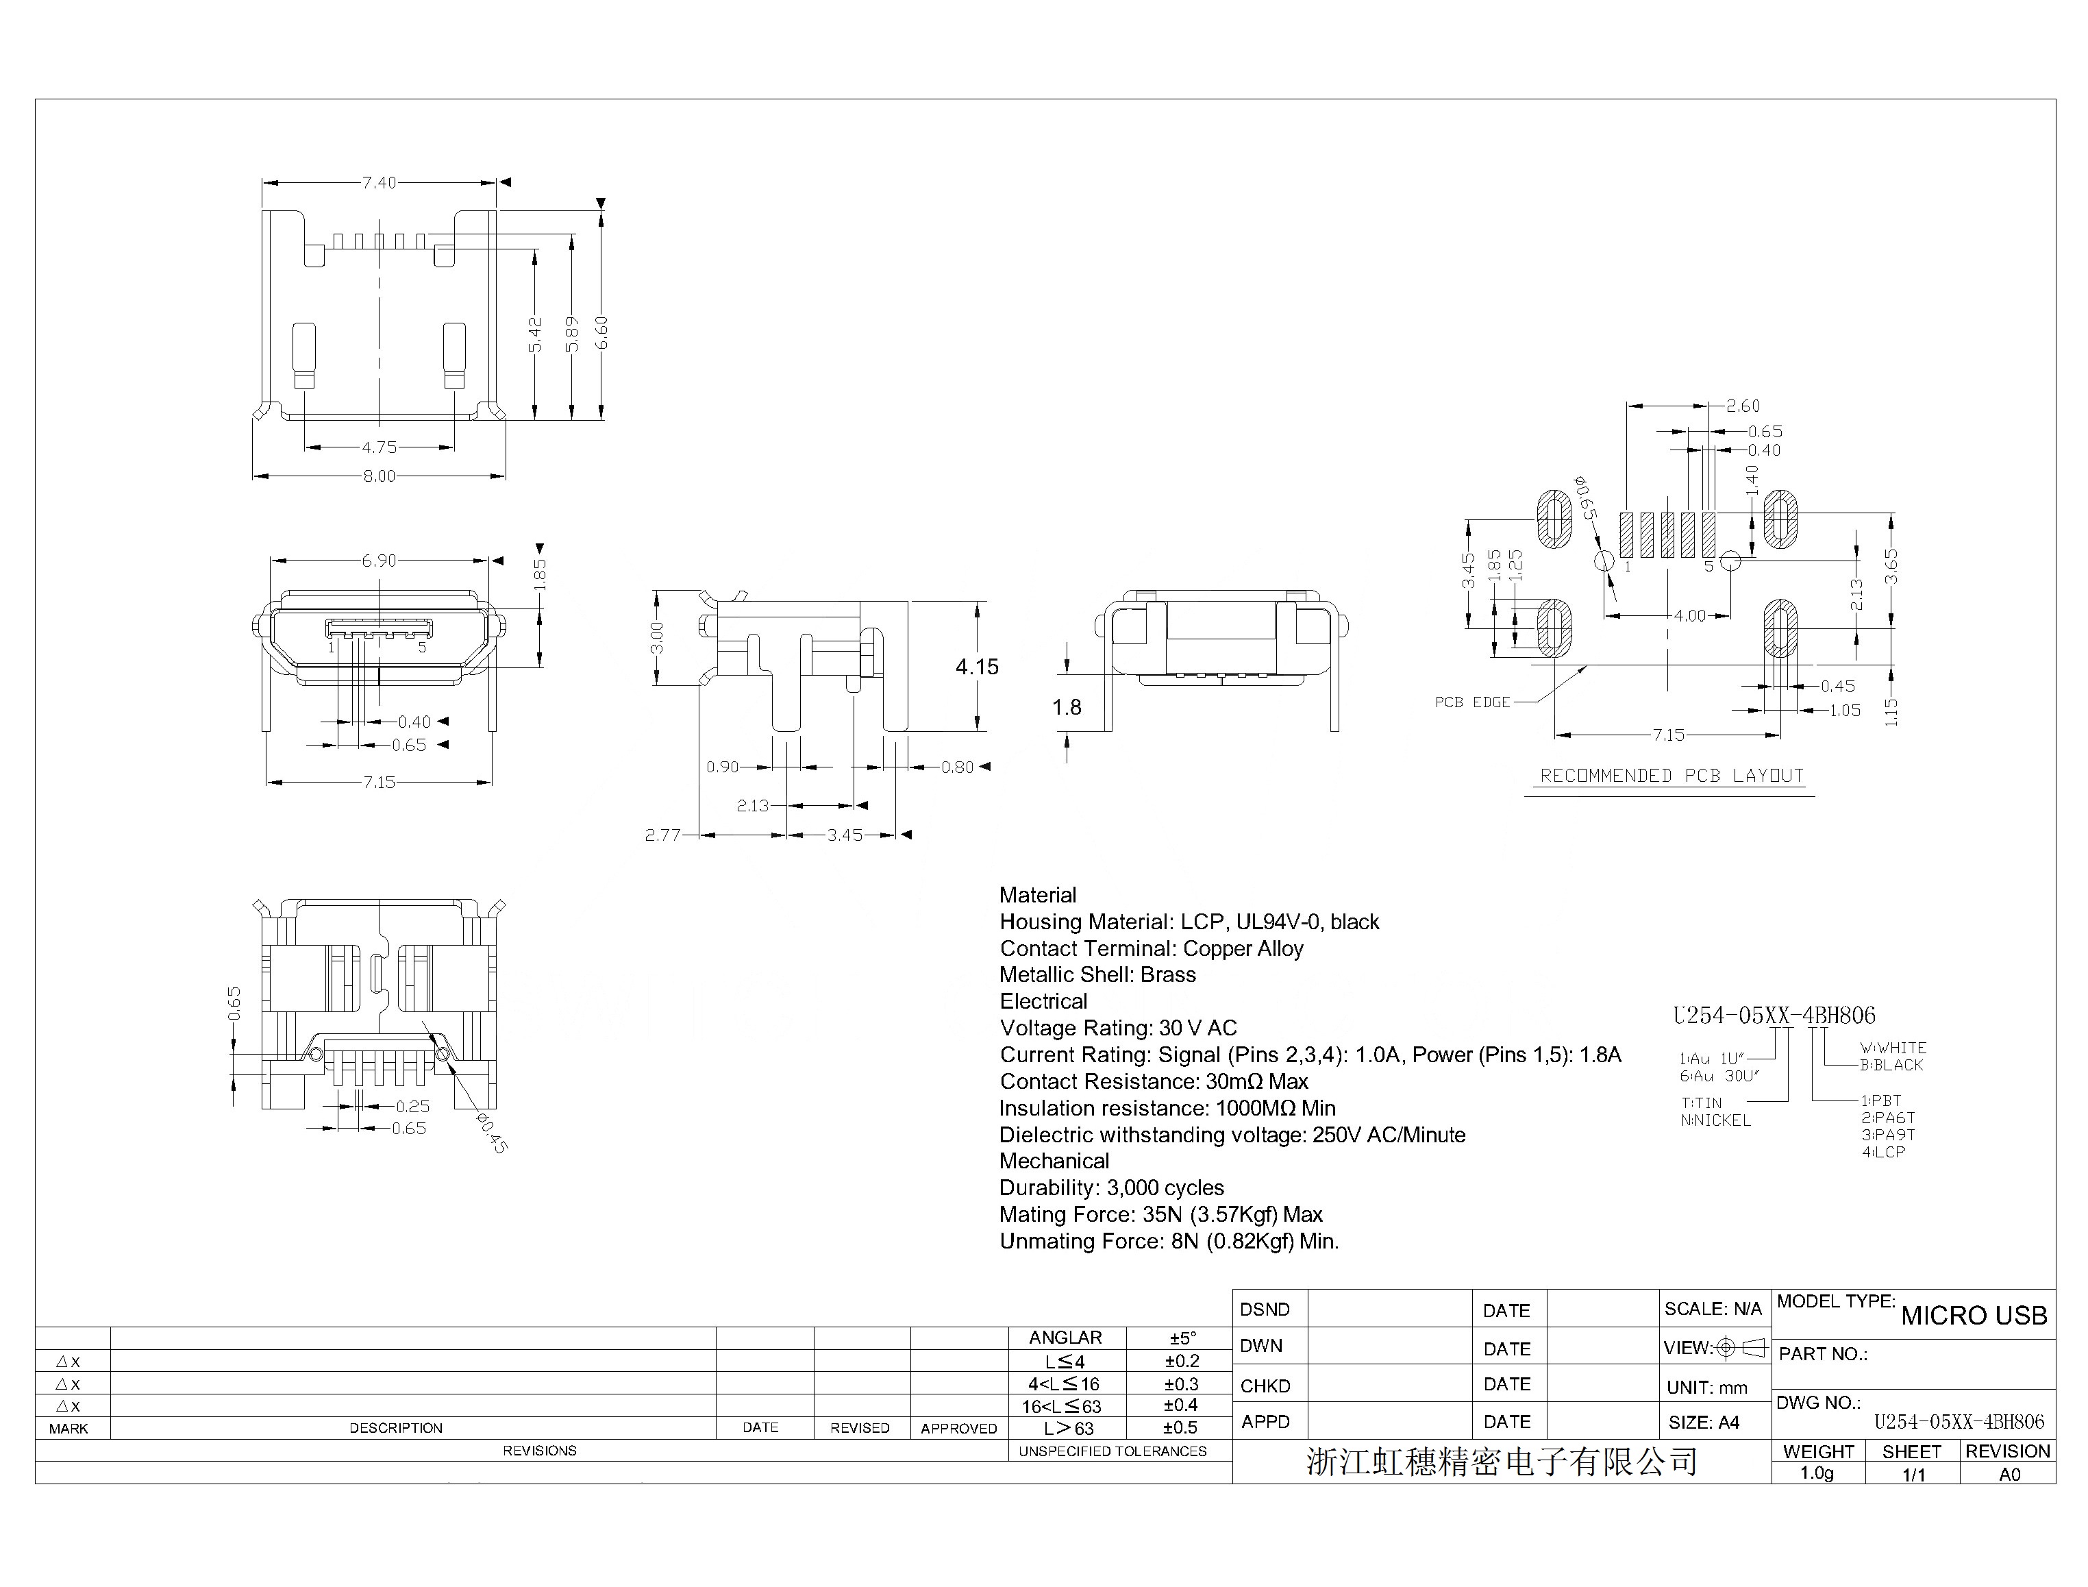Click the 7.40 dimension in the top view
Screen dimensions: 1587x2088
379,182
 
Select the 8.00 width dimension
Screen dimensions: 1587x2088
379,476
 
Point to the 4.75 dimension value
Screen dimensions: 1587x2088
379,447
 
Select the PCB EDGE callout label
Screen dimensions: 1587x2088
1472,702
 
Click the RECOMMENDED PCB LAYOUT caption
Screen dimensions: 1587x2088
1671,776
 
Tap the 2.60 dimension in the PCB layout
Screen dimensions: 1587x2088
1742,406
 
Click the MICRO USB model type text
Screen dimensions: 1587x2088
1974,1316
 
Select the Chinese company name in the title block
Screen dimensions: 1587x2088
1502,1462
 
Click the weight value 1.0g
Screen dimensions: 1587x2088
1817,1474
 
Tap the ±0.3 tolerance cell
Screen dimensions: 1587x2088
1182,1384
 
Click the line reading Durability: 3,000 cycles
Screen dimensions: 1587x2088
1112,1188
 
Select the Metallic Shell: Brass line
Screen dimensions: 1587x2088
1097,975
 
